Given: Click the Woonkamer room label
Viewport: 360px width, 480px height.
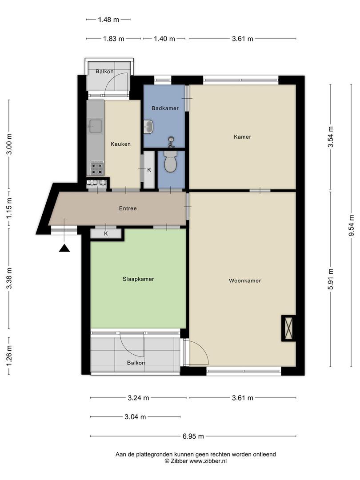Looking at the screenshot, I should click(244, 280).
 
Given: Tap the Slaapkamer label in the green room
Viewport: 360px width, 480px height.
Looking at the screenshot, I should click(138, 279).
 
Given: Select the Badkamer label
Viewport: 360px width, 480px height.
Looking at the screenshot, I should click(165, 108).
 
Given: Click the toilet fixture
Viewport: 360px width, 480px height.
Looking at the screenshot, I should click(171, 162).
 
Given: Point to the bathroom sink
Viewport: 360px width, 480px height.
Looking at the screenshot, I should click(149, 127).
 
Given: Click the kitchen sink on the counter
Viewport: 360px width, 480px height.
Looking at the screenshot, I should click(95, 126).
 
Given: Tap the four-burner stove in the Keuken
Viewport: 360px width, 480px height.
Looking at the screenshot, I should click(97, 168).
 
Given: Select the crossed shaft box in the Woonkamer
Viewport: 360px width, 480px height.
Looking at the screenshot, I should click(288, 328).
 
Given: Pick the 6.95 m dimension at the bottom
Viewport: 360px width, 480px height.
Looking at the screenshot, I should click(193, 436).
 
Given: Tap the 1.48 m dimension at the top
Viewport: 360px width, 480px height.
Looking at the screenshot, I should click(109, 20).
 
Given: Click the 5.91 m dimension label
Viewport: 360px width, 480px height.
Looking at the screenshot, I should click(330, 279).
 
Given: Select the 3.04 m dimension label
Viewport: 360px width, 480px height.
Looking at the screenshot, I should click(135, 417).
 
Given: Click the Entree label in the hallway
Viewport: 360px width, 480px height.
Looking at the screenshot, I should click(128, 208).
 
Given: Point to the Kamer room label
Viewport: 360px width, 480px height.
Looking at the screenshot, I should click(242, 137).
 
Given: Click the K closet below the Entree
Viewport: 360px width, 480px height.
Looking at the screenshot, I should click(106, 233).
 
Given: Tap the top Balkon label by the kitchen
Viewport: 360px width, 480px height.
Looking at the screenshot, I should click(104, 72).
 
